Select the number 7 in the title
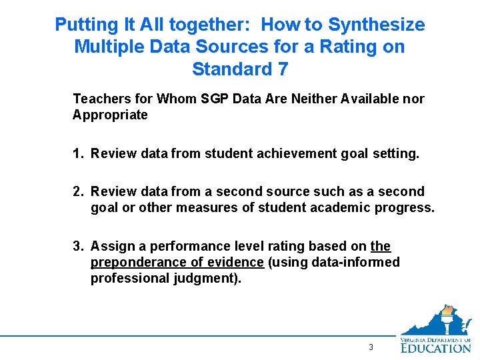point(282,69)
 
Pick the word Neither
point(313,99)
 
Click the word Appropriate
point(110,115)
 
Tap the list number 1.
point(77,154)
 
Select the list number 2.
point(77,192)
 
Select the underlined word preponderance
point(135,262)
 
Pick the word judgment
point(203,278)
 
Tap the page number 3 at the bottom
point(371,348)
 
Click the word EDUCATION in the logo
point(436,347)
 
